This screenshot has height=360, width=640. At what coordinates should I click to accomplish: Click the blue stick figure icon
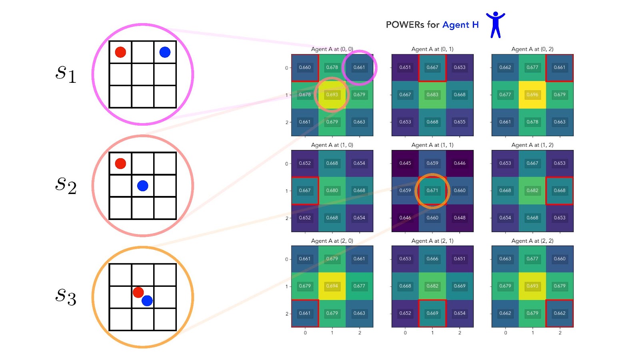pos(496,25)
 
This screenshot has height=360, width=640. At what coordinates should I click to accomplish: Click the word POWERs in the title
pos(404,25)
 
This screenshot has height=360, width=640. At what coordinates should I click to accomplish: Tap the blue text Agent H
pos(460,25)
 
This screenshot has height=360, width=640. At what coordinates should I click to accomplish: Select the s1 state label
pos(66,74)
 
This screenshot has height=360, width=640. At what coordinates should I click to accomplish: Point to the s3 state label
pos(66,297)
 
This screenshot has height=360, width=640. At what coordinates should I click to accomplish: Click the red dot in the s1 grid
pos(120,52)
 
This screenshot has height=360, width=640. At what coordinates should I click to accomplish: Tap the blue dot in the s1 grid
pos(165,52)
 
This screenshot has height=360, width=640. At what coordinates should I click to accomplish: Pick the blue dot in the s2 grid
pos(142,186)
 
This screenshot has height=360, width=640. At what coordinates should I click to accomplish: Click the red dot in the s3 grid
pos(138,292)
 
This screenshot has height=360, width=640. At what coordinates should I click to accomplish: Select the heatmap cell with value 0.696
pos(532,95)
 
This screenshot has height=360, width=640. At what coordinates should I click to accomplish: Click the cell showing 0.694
pos(332,286)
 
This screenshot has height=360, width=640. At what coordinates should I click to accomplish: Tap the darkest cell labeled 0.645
pos(405,163)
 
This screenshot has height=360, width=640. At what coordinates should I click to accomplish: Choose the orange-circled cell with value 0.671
pos(432,190)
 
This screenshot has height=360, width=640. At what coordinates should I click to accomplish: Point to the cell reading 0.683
pos(432,95)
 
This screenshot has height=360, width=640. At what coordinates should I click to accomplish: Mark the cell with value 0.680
pos(332,190)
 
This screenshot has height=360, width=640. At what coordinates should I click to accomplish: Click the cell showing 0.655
pos(460,122)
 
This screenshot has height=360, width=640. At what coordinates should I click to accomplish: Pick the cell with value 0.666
pos(432,259)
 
